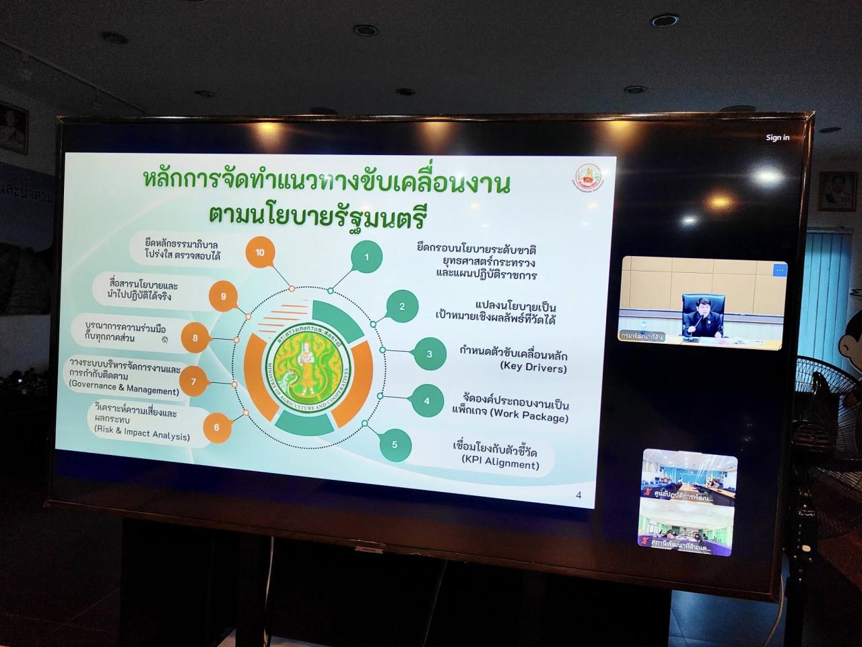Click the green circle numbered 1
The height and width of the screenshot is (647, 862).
click(366, 257)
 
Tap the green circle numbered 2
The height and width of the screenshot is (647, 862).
click(402, 307)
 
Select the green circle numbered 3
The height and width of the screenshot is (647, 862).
click(430, 354)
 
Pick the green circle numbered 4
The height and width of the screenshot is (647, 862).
click(426, 401)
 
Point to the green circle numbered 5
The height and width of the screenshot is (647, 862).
click(395, 445)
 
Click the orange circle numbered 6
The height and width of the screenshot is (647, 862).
click(216, 427)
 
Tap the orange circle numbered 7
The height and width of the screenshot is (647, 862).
click(193, 382)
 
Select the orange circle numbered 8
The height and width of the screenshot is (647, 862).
click(195, 338)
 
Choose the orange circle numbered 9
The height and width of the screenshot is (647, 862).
click(223, 296)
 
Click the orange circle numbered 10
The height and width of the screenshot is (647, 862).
click(260, 253)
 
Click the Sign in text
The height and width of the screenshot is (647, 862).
click(777, 137)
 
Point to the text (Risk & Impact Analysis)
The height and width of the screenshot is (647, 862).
click(142, 435)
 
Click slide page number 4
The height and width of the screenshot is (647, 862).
click(578, 495)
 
